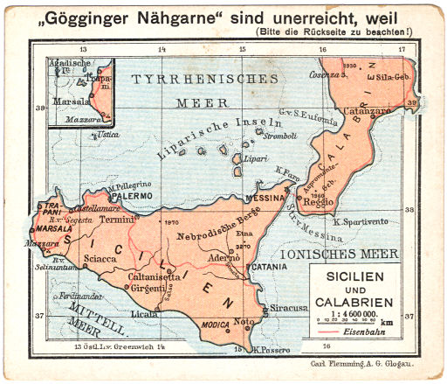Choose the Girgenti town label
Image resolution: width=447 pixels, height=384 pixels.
click(155, 287)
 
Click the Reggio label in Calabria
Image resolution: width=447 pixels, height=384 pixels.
click(320, 202)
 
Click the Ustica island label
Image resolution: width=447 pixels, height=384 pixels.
click(108, 136)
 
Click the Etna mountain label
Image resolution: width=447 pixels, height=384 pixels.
click(244, 234)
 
